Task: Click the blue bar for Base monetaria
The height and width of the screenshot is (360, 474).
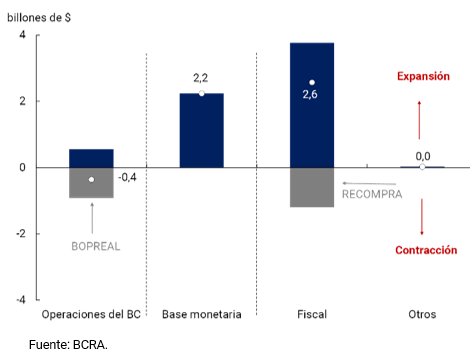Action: coord(201,130)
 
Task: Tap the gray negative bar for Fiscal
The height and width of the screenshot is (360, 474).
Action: coord(312,187)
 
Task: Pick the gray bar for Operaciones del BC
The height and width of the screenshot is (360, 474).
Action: coord(91,183)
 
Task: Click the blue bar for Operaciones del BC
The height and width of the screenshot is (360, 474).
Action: coord(91,158)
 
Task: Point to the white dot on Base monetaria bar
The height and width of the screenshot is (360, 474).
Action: coord(201,93)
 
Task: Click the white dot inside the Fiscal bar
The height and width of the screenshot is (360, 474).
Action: coord(312,82)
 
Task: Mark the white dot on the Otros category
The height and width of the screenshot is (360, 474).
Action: coord(422,167)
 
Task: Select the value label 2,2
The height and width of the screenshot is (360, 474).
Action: coord(201,77)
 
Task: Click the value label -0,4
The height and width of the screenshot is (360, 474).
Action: coord(127,178)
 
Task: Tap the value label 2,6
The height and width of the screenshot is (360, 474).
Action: coord(312,96)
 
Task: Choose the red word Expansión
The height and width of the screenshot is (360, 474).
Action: coord(423,76)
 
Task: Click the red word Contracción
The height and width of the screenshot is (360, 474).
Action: coord(425,250)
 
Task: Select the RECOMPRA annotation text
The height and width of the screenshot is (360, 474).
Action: coord(372,195)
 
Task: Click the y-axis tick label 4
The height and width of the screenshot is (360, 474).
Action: coord(23,36)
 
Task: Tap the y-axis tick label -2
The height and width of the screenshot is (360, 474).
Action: coord(20,234)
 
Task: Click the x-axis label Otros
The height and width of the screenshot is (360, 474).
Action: coord(422,315)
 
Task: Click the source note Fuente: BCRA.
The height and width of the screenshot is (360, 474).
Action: coord(68,344)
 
